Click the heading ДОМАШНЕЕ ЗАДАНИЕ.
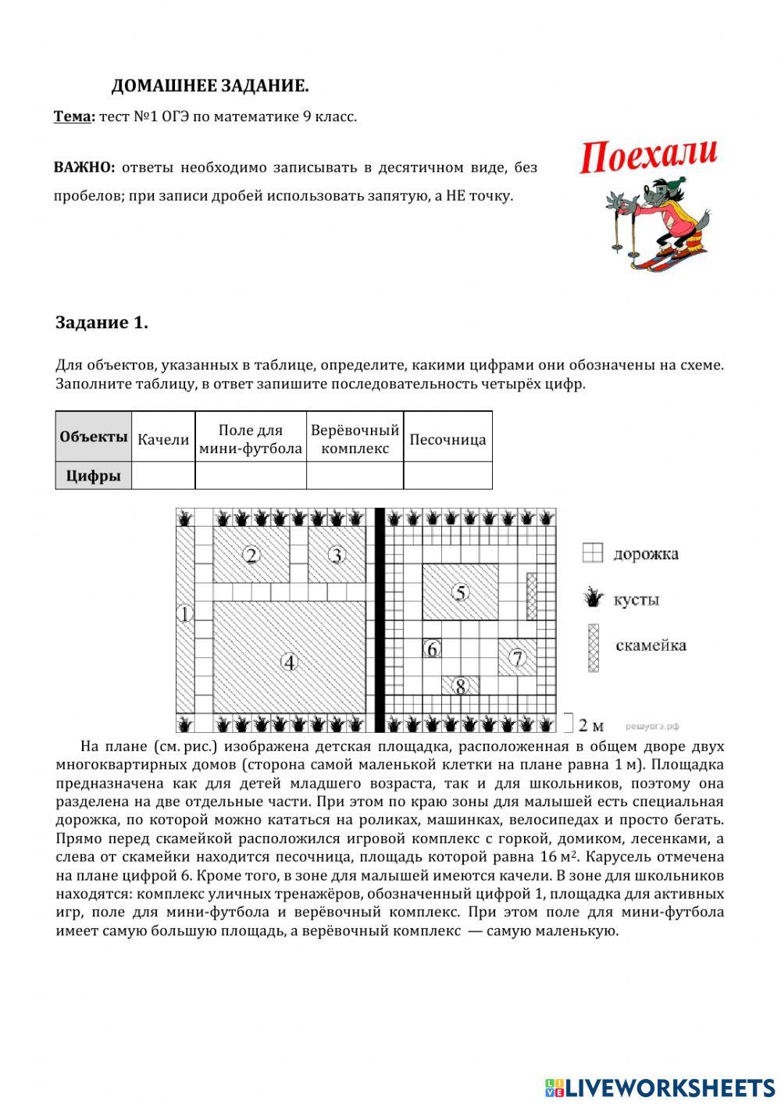[209, 86]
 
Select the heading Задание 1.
[102, 323]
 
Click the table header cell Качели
[163, 439]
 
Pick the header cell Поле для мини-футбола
[250, 439]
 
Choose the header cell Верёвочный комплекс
[355, 439]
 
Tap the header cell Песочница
[448, 439]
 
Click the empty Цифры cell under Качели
[163, 475]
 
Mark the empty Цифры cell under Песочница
[448, 475]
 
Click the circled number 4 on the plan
[290, 662]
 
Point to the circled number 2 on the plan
[251, 556]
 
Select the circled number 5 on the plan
[461, 593]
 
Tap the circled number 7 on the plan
[517, 657]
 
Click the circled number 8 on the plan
[461, 686]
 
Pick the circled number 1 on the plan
[184, 614]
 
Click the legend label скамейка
[651, 645]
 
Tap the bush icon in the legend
[594, 599]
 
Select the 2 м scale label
[591, 724]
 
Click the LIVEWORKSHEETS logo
[660, 1086]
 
